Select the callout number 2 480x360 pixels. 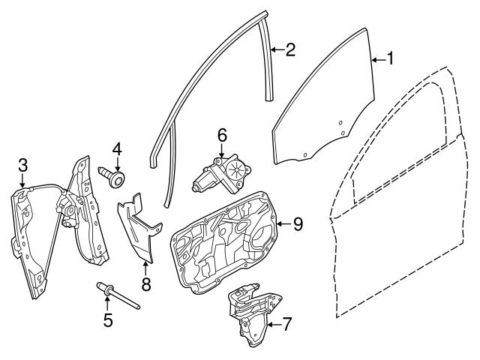pos(290,50)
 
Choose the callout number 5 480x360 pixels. pos(108,320)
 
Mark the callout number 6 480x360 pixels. pos(222,136)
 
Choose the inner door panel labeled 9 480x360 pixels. pos(225,240)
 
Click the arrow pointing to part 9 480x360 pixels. pos(281,223)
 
